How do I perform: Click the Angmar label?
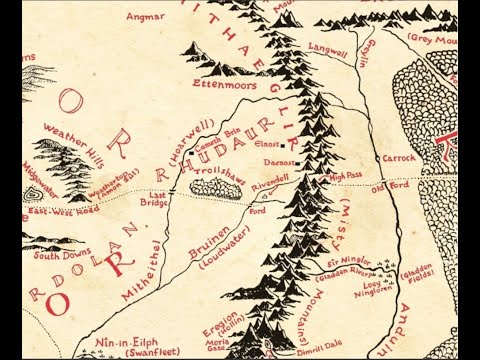147,16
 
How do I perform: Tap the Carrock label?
397,158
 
